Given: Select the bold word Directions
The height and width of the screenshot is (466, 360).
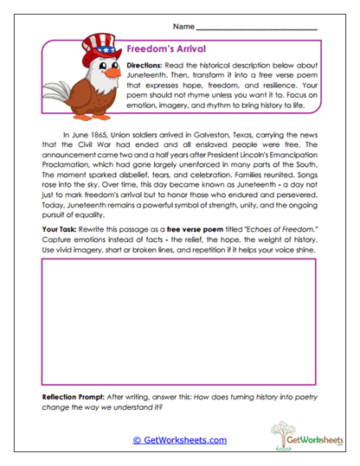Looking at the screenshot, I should tap(146, 66).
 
